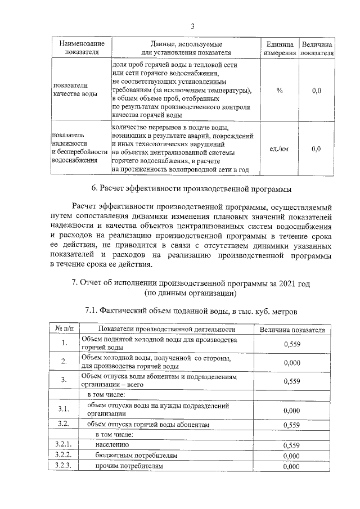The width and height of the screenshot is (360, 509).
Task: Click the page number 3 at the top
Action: pyautogui.click(x=192, y=26)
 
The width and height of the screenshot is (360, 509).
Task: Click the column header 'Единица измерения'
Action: pyautogui.click(x=280, y=48)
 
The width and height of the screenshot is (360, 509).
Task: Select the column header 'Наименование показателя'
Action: pyautogui.click(x=82, y=48)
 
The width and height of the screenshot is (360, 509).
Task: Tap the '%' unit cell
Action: pyautogui.click(x=280, y=91)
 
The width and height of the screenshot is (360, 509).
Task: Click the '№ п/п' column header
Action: pyautogui.click(x=65, y=329)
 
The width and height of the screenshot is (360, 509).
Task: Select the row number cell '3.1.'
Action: pyautogui.click(x=65, y=409)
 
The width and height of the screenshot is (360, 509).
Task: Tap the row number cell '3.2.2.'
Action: pyautogui.click(x=65, y=456)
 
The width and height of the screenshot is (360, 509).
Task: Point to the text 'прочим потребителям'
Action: pyautogui.click(x=129, y=466)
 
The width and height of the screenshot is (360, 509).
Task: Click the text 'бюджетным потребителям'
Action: pyautogui.click(x=136, y=456)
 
